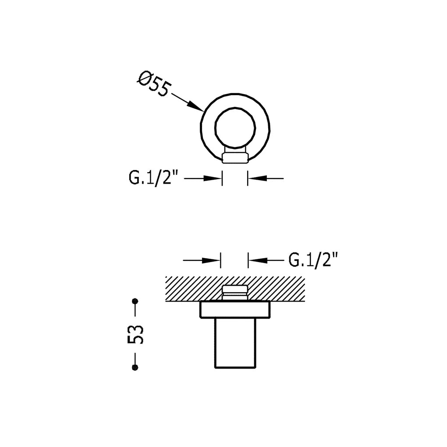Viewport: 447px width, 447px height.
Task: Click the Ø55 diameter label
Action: tap(155, 85)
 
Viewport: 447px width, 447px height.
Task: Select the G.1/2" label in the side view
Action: tap(313, 260)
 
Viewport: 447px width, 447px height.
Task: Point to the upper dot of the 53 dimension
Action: tap(135, 301)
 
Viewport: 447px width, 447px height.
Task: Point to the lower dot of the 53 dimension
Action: tap(135, 368)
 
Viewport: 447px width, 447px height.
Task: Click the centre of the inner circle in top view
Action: tap(235, 128)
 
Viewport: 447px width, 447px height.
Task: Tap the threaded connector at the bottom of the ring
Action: tap(235, 158)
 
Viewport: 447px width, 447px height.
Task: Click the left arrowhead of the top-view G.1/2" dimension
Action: tap(213, 178)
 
